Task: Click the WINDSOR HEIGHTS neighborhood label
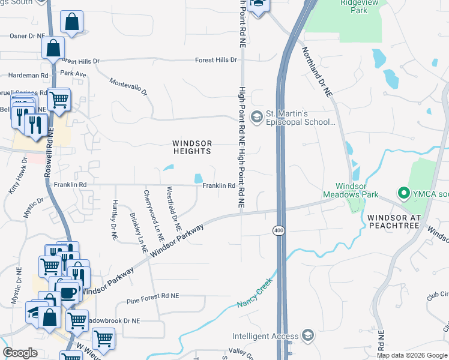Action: pos(192,147)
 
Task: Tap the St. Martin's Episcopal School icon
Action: pos(257,116)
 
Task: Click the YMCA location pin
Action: pos(403,193)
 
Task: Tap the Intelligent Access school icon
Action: pos(308,335)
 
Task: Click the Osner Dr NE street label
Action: pos(28,36)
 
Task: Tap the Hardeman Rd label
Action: pos(28,76)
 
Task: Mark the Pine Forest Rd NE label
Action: pos(153,296)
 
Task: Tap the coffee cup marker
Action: pos(67,293)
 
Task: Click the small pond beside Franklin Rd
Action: pos(197,178)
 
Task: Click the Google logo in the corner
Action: pos(20,353)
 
